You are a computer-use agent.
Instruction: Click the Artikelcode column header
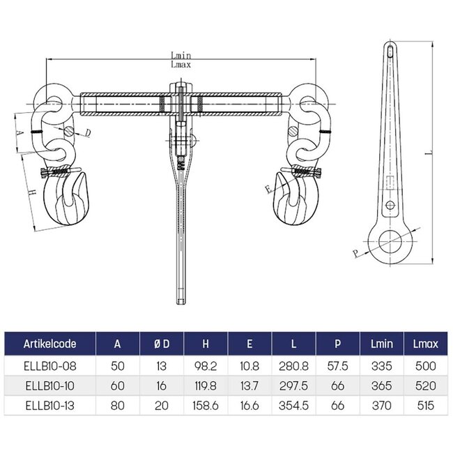[x=50, y=344]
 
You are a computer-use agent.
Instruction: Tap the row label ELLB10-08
[x=47, y=366]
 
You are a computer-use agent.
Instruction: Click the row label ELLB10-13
[x=47, y=406]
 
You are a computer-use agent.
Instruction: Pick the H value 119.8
[x=206, y=386]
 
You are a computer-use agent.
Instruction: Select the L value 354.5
[x=293, y=406]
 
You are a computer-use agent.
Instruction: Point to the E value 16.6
[x=250, y=406]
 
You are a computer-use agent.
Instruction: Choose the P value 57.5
[x=337, y=366]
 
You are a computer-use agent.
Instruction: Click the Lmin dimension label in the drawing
[x=180, y=56]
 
